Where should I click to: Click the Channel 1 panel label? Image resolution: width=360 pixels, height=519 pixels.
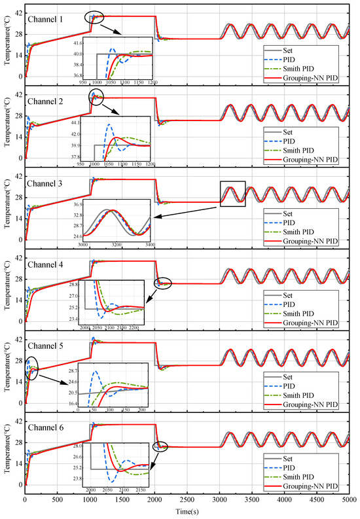pyautogui.click(x=45, y=19)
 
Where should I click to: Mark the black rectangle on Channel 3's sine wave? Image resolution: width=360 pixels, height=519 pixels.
pyautogui.click(x=232, y=194)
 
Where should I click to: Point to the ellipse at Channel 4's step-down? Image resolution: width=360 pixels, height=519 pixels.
pyautogui.click(x=162, y=283)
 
